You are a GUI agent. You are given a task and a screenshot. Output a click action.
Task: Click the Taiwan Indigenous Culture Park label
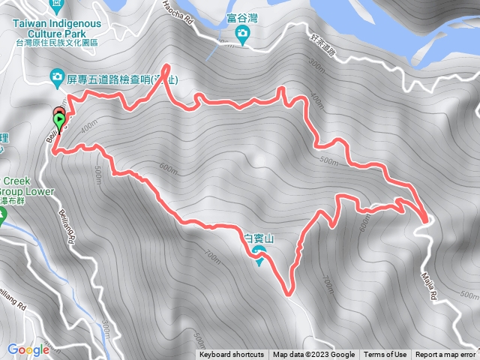click(56, 28)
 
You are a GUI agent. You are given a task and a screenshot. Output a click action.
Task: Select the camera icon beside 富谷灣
click(242, 33)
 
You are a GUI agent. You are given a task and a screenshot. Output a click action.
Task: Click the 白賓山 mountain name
click(259, 238)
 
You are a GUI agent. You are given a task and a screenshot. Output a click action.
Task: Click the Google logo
click(28, 349)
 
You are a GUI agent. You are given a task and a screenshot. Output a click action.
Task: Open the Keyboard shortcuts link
click(232, 355)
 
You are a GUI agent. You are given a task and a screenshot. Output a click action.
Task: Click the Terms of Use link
click(385, 355)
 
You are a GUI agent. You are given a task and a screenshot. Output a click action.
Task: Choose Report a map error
click(445, 355)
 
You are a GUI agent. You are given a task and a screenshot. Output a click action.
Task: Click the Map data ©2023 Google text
click(313, 355)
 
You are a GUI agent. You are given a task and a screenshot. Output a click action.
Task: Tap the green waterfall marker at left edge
click(1, 218)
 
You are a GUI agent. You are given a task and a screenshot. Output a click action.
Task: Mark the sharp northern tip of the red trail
click(164, 66)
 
